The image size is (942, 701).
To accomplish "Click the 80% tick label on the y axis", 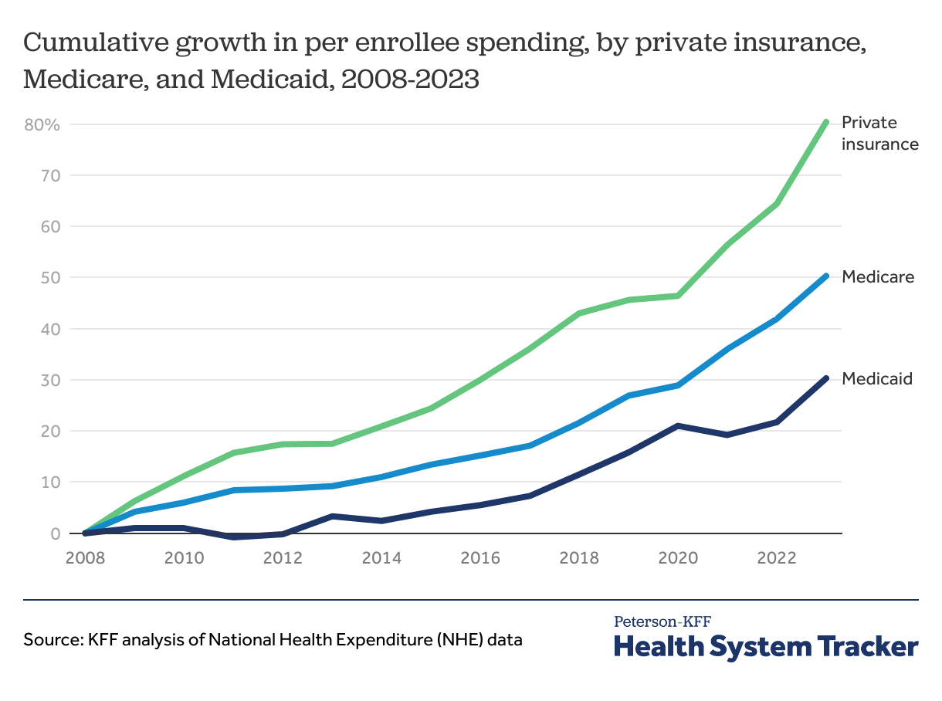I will click(42, 125).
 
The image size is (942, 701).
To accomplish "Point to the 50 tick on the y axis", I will click(51, 278).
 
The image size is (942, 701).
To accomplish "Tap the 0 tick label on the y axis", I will click(56, 533).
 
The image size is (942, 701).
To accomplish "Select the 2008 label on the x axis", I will click(84, 558).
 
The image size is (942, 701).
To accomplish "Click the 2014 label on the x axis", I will click(381, 558).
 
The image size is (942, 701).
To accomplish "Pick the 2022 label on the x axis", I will click(776, 558).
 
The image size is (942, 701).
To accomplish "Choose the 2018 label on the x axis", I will click(578, 558).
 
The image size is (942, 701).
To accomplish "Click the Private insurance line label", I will click(879, 133).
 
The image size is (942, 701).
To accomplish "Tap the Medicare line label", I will click(878, 276).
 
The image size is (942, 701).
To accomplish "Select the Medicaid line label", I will click(877, 379).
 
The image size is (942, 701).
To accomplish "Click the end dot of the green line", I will click(825, 122).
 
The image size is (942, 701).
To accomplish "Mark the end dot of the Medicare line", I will click(825, 276).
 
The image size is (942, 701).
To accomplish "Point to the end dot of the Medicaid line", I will click(825, 378).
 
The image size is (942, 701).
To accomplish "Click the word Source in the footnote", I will click(47, 640).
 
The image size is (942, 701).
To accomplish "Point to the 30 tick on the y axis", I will click(51, 381).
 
